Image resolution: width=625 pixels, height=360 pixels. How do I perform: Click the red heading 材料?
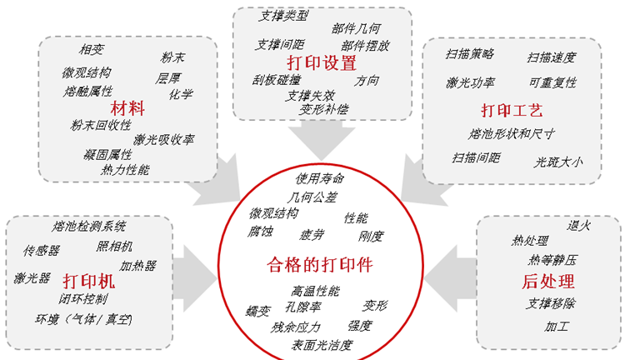(x=127, y=108)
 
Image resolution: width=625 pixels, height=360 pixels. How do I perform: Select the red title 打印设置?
(x=322, y=62)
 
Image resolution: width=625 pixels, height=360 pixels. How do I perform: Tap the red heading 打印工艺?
(x=512, y=110)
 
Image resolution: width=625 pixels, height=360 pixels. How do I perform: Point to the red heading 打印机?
(x=88, y=281)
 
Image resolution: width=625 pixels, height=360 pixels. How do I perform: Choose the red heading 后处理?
(x=548, y=281)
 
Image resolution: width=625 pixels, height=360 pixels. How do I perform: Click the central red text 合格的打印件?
(x=320, y=264)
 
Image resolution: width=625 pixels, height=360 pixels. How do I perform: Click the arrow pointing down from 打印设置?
(x=322, y=140)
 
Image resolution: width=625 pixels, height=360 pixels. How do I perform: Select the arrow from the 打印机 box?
(x=195, y=278)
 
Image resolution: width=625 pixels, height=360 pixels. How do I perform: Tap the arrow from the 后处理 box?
(x=450, y=278)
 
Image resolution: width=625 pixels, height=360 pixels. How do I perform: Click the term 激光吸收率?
(x=164, y=139)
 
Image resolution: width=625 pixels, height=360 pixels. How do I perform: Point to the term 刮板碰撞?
(x=276, y=80)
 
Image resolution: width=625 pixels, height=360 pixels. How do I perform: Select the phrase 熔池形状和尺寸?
(x=511, y=133)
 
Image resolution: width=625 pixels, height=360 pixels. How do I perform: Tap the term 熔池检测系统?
(x=88, y=226)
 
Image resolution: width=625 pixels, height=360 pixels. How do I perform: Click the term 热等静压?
(x=552, y=260)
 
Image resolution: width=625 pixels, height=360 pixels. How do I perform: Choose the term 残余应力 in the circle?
(x=295, y=327)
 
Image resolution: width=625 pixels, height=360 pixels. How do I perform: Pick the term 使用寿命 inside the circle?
(x=320, y=178)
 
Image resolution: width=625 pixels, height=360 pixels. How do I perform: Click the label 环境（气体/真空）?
(x=83, y=319)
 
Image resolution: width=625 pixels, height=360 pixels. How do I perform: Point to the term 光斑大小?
(x=558, y=162)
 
